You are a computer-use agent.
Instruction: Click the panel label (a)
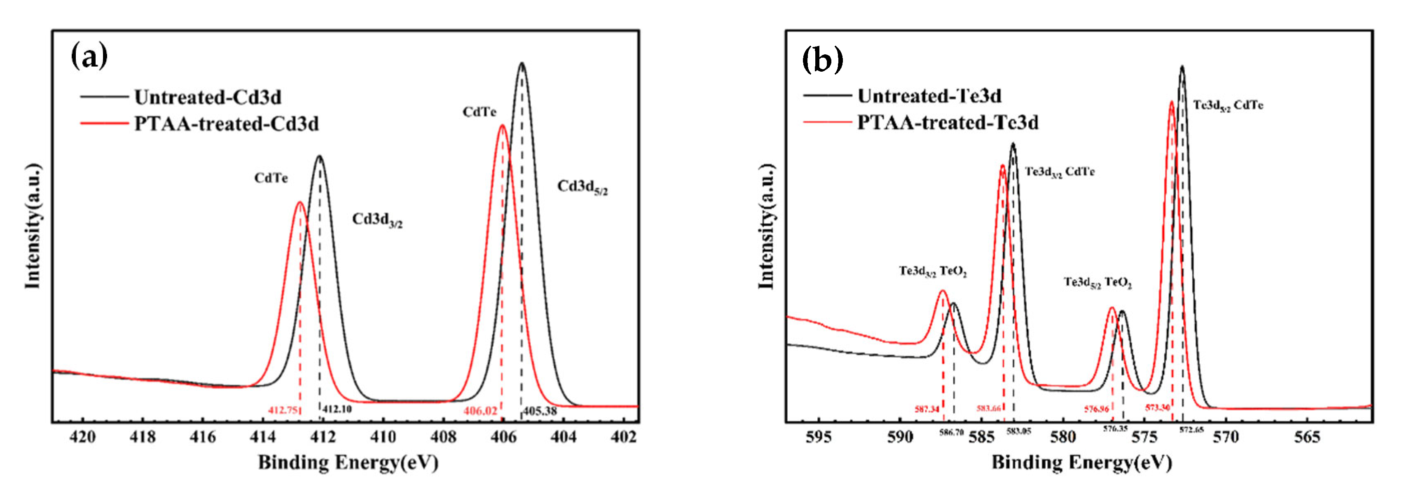[x=89, y=57]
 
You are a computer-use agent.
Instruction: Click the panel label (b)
[x=822, y=59]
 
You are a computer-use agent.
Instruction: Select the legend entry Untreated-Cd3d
[x=208, y=98]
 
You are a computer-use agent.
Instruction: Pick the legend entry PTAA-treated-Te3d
[x=947, y=123]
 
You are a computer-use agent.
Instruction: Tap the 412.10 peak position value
[x=337, y=409]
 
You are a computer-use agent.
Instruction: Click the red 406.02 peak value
[x=480, y=411]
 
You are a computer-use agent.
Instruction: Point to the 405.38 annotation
[x=540, y=411]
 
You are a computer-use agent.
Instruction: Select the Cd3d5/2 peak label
[x=582, y=187]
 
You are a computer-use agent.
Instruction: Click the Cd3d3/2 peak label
[x=377, y=220]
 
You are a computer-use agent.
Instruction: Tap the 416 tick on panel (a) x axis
[x=203, y=437]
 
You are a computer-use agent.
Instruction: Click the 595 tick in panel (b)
[x=819, y=437]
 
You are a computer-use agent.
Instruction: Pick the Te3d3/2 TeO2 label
[x=933, y=271]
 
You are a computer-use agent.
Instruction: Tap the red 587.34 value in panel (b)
[x=927, y=409]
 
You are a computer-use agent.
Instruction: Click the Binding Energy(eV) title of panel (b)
[x=1081, y=463]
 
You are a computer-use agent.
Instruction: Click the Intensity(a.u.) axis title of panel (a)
[x=33, y=226]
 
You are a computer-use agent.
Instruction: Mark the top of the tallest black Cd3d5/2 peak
[x=522, y=64]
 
